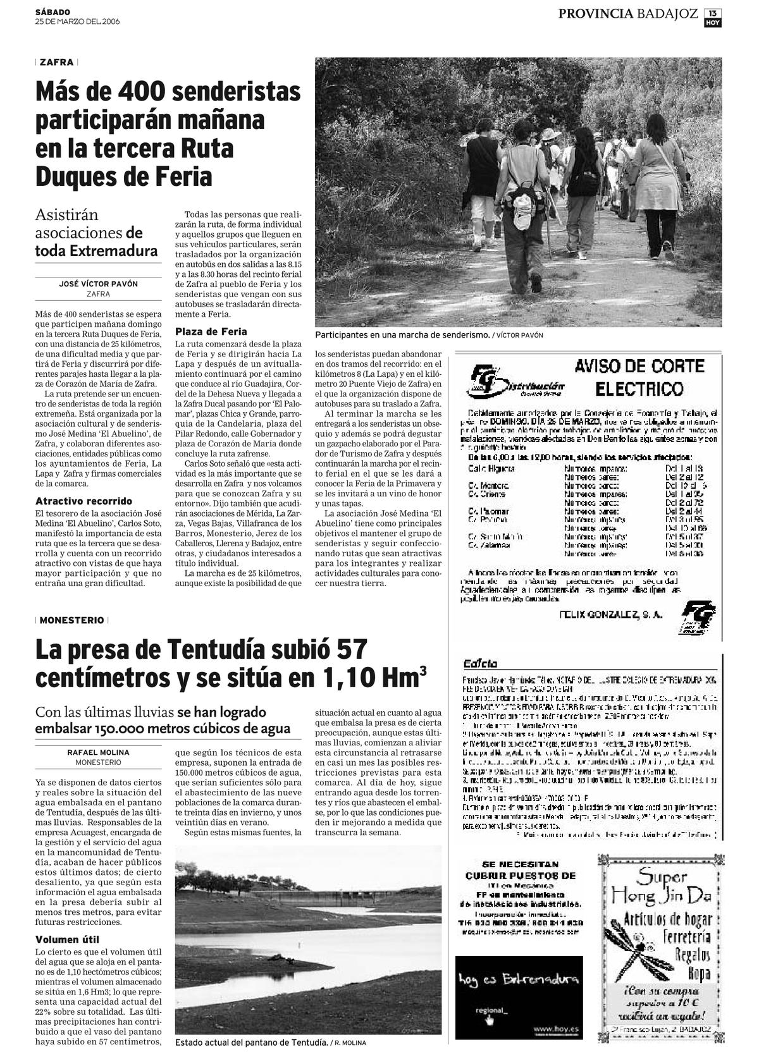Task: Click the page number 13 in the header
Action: click(x=713, y=12)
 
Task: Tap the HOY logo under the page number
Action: click(x=713, y=23)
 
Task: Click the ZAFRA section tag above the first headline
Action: click(x=56, y=63)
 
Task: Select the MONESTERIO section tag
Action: click(x=71, y=620)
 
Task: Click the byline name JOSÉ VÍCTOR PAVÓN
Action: click(x=98, y=284)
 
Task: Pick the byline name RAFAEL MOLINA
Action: click(x=98, y=752)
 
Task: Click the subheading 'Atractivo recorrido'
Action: click(x=83, y=501)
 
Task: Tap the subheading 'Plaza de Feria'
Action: click(x=211, y=331)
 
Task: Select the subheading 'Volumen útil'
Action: click(x=67, y=939)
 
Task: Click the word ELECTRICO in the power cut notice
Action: click(x=639, y=388)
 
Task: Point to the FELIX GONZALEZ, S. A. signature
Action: click(x=611, y=614)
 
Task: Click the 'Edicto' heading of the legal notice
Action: click(x=480, y=664)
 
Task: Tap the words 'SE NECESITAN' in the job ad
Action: click(x=520, y=864)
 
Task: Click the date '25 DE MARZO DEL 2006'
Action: click(x=77, y=21)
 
